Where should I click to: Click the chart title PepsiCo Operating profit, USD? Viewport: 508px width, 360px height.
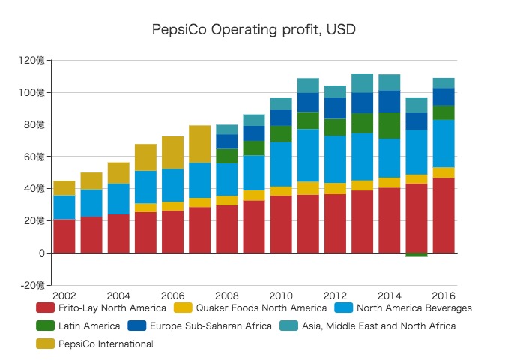[x=253, y=30]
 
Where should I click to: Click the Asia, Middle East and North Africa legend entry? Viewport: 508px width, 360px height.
[x=377, y=325]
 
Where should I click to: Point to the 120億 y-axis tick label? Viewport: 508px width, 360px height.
[x=33, y=61]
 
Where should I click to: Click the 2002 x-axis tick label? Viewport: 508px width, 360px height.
[x=64, y=295]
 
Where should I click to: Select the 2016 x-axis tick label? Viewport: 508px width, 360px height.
[x=444, y=295]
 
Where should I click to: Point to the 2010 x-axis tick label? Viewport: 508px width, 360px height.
[x=281, y=295]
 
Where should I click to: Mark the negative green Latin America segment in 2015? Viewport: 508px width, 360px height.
[x=417, y=255]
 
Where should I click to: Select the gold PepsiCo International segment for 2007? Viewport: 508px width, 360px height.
[x=200, y=144]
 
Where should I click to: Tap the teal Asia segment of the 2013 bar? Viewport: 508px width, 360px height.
[x=362, y=83]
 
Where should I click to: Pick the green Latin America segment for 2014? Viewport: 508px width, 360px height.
[x=389, y=126]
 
